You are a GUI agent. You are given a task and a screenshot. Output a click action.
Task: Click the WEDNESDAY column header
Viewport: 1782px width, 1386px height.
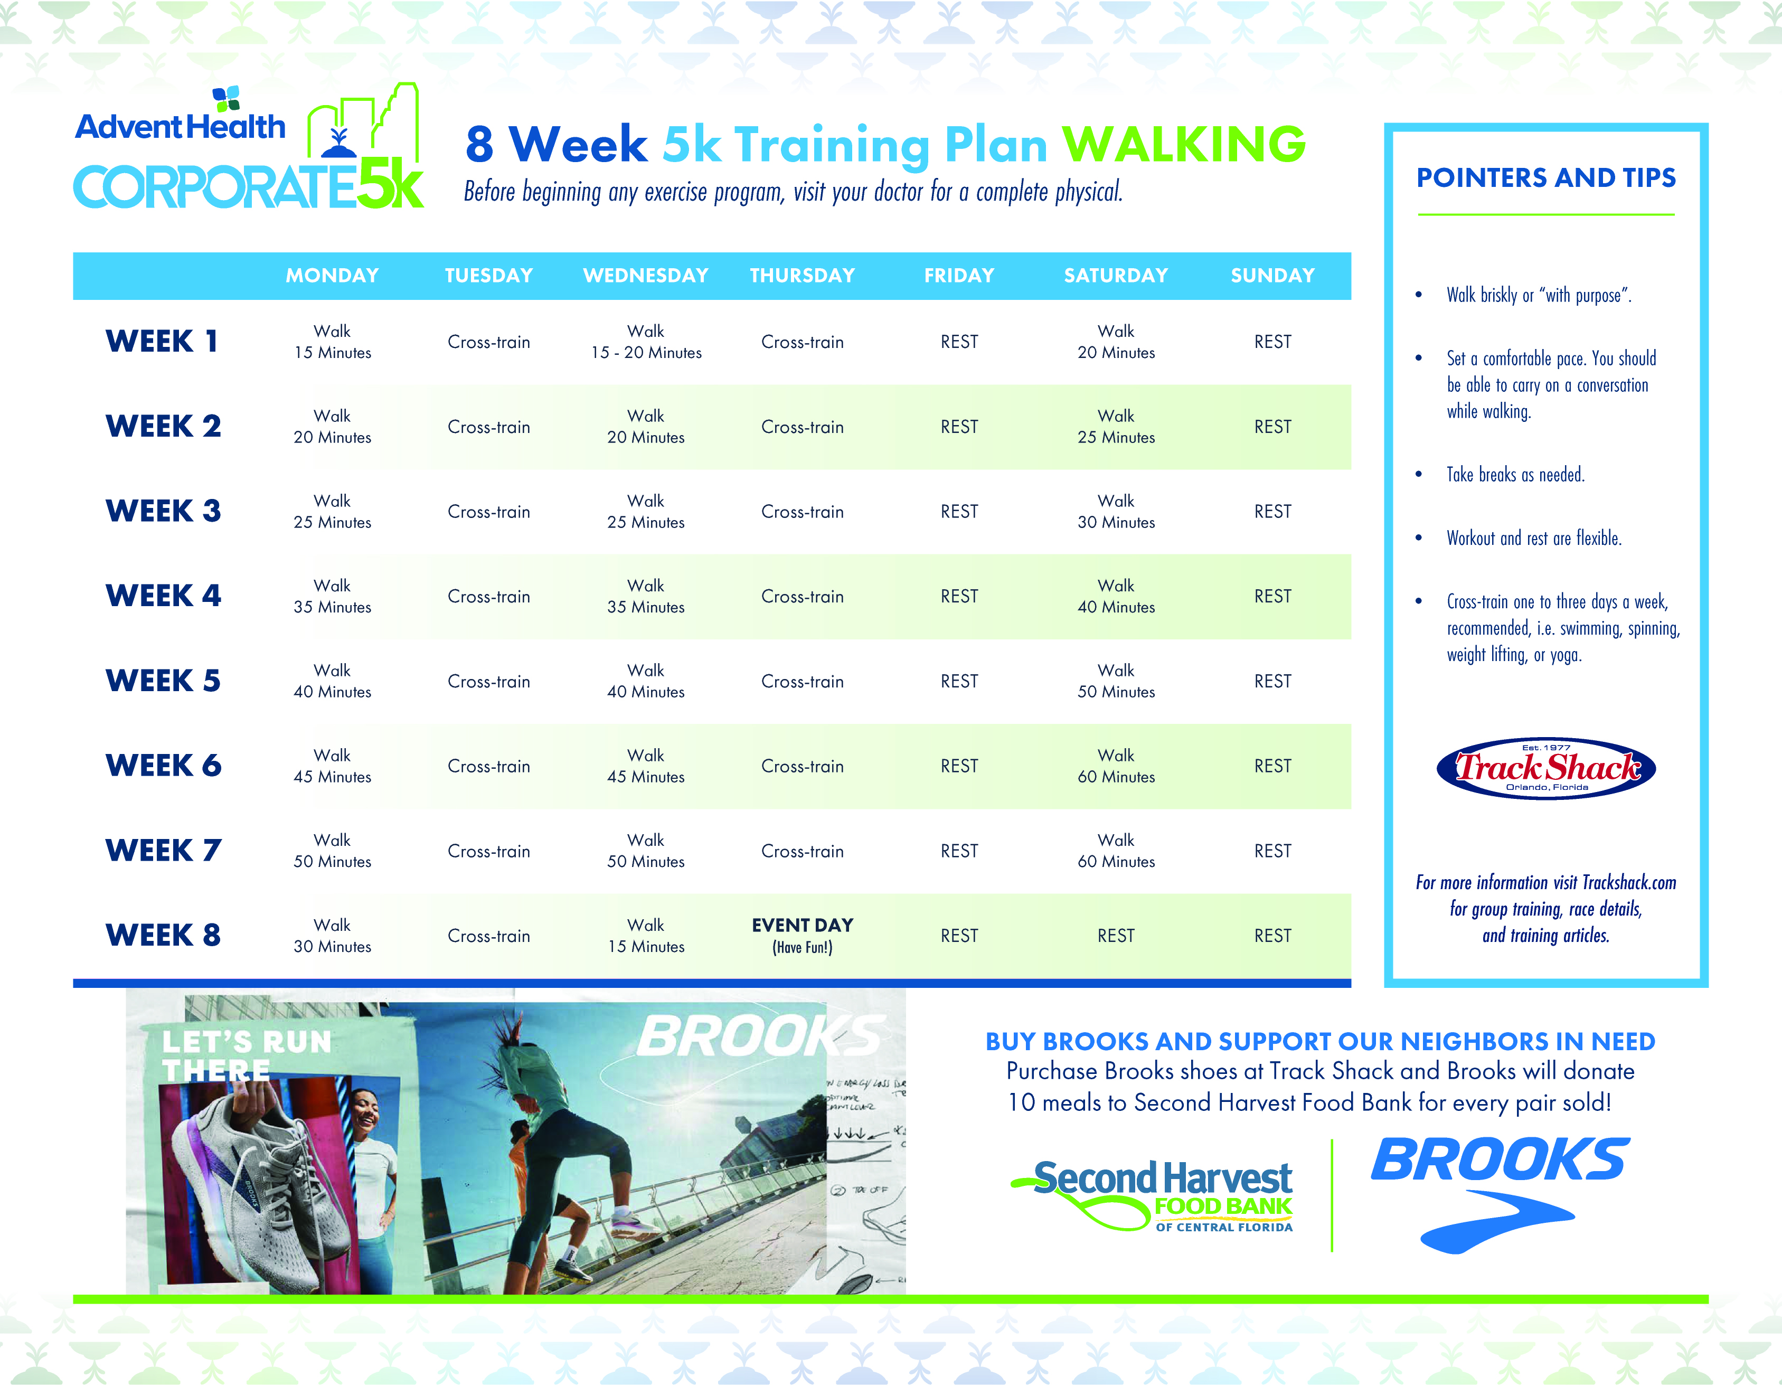[645, 276]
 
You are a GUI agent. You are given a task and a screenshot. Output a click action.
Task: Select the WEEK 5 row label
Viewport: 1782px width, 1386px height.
[163, 681]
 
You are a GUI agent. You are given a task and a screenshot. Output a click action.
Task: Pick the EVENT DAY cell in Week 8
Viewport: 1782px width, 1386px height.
[802, 935]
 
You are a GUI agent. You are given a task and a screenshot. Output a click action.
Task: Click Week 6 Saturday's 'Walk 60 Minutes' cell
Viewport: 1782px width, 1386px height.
[1115, 766]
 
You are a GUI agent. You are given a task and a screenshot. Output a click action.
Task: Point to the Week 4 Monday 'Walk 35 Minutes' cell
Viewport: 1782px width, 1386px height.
[332, 596]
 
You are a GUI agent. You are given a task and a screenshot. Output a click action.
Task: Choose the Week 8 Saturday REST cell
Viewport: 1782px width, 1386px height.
[1115, 936]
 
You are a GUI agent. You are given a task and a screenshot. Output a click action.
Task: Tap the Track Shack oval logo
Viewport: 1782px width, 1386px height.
[1545, 768]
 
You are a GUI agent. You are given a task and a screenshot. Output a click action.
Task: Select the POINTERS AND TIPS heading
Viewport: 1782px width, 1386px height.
[1545, 178]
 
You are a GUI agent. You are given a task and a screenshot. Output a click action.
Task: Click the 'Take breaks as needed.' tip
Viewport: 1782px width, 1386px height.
[1515, 475]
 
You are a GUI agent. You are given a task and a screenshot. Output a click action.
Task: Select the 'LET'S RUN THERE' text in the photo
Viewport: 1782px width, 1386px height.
[245, 1055]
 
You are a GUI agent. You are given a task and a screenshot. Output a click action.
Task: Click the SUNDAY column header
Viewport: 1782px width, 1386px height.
[1272, 276]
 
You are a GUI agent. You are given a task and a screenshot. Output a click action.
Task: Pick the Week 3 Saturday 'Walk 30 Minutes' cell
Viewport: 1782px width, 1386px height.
[1115, 512]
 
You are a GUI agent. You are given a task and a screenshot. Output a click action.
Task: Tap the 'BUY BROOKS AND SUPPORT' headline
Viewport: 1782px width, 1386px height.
[1319, 1042]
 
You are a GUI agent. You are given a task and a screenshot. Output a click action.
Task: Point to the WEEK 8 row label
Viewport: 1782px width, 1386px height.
[163, 935]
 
